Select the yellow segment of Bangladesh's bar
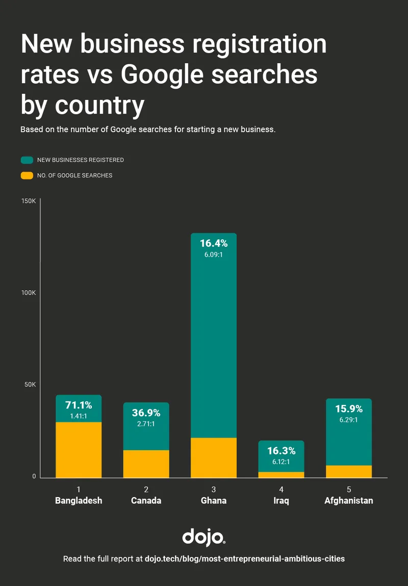pyautogui.click(x=79, y=450)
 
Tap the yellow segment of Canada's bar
pyautogui.click(x=146, y=464)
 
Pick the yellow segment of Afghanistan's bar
pyautogui.click(x=348, y=471)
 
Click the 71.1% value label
pyautogui.click(x=79, y=405)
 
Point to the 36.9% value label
pyautogui.click(x=146, y=413)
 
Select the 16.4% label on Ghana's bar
pyautogui.click(x=213, y=243)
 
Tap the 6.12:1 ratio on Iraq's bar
pyautogui.click(x=281, y=462)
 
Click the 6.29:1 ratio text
pyautogui.click(x=348, y=420)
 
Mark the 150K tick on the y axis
pyautogui.click(x=28, y=201)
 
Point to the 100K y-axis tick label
pyautogui.click(x=28, y=293)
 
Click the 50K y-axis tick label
pyautogui.click(x=30, y=385)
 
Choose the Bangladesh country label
pyautogui.click(x=79, y=500)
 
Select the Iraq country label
pyautogui.click(x=281, y=500)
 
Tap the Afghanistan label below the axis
pyautogui.click(x=348, y=500)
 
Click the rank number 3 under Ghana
pyautogui.click(x=213, y=489)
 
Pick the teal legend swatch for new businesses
pyautogui.click(x=27, y=160)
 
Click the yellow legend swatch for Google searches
pyautogui.click(x=27, y=175)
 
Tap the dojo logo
pyautogui.click(x=203, y=537)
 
